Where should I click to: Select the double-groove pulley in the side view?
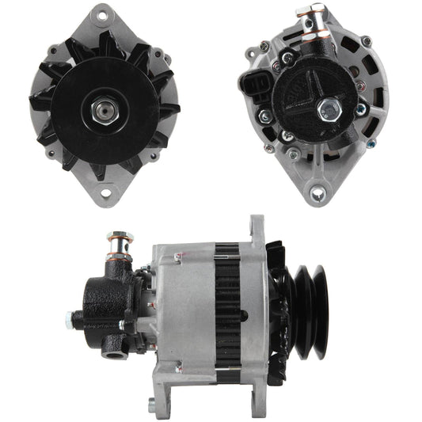pos(310,301)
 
